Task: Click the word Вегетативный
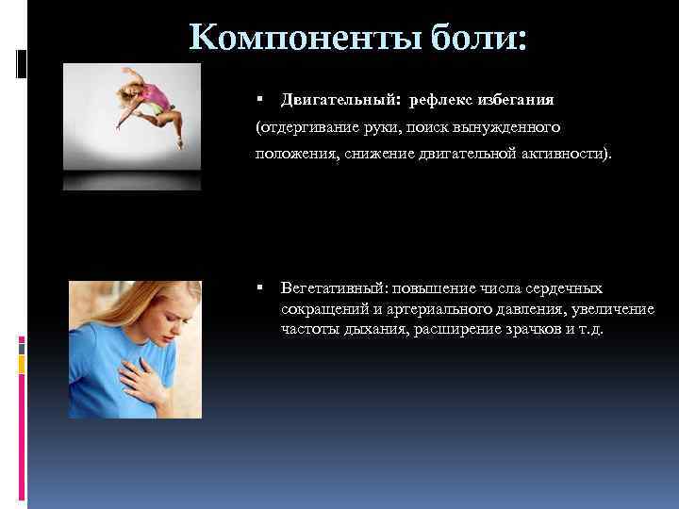tap(329, 287)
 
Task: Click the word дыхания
tap(370, 331)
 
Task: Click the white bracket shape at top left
tap(23, 62)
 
